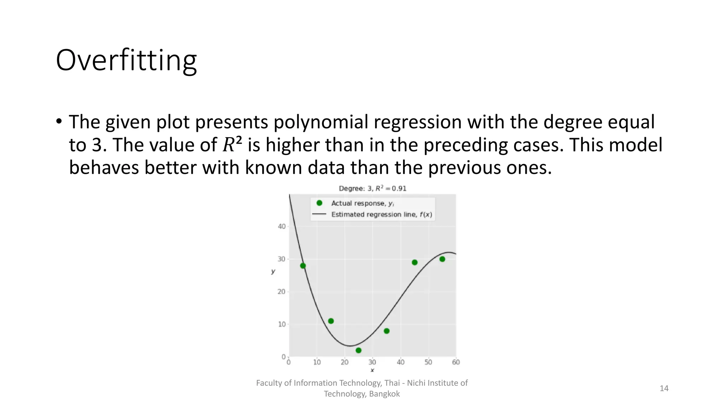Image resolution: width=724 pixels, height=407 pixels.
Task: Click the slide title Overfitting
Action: click(x=126, y=60)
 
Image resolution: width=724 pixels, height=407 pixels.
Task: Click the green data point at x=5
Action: click(x=303, y=266)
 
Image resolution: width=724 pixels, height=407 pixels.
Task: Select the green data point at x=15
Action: click(x=331, y=321)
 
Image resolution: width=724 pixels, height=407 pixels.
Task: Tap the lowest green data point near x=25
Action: click(x=358, y=350)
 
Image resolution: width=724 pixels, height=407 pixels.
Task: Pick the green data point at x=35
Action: click(x=387, y=331)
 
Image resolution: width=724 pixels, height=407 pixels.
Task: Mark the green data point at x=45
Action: click(x=415, y=263)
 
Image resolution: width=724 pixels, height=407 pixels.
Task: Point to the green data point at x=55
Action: click(x=442, y=259)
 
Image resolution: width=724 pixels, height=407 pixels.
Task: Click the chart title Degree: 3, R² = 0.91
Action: click(x=373, y=189)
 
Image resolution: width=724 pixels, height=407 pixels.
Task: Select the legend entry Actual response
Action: click(x=362, y=203)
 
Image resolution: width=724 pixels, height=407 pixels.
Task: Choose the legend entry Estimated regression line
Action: click(x=381, y=214)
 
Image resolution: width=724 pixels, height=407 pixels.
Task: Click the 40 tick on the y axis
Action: click(x=282, y=226)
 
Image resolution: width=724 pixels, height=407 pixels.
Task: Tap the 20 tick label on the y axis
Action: click(x=282, y=292)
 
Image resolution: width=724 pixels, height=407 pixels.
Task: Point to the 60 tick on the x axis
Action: click(x=456, y=362)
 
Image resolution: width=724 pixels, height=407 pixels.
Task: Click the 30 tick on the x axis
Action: click(x=372, y=362)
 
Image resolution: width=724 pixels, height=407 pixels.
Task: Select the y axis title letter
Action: click(x=273, y=271)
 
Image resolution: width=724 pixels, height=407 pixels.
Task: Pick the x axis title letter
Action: click(x=372, y=370)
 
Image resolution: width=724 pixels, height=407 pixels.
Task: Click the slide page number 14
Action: click(x=664, y=389)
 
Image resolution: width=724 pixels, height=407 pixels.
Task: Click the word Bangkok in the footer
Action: click(x=384, y=394)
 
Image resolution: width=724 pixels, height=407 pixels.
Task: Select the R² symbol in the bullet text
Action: click(x=232, y=145)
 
